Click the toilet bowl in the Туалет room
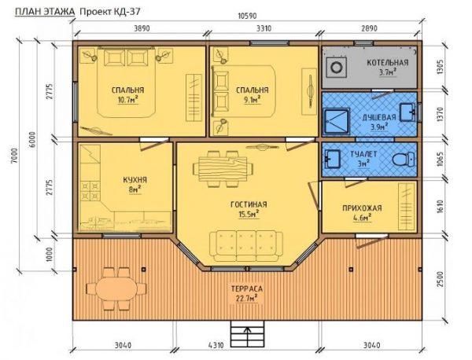point(404,160)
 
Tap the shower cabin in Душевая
point(337,122)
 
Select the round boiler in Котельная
point(336,67)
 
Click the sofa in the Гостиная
point(246,246)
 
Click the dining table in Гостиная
point(223,169)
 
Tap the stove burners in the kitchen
point(90,191)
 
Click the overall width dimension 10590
point(248,16)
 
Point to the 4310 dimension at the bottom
point(216,346)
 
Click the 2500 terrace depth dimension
point(440,279)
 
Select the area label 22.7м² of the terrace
point(246,299)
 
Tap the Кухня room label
point(135,180)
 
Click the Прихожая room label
point(362,208)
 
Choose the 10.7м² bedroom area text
point(128,100)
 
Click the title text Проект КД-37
point(110,12)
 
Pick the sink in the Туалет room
point(332,157)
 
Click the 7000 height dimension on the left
point(16,155)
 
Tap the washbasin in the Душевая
point(407,112)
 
